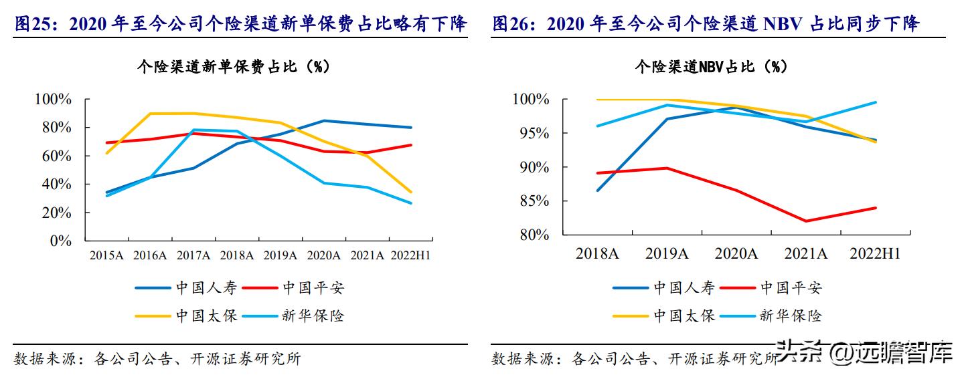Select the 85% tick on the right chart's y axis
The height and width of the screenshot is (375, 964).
[532, 201]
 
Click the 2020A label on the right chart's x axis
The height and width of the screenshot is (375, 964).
[736, 254]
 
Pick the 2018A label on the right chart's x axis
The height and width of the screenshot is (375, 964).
[597, 254]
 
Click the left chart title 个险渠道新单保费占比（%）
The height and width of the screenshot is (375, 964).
[233, 67]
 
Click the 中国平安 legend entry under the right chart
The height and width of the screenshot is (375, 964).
[791, 288]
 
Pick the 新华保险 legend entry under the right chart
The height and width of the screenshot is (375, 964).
[791, 316]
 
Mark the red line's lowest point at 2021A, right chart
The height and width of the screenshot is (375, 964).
[805, 221]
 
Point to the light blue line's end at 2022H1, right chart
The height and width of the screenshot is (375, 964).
[876, 102]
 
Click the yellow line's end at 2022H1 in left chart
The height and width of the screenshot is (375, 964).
[411, 192]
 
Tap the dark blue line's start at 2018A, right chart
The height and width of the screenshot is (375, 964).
[597, 191]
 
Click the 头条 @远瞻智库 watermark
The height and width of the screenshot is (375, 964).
[864, 352]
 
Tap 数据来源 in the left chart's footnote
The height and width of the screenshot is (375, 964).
[40, 359]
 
